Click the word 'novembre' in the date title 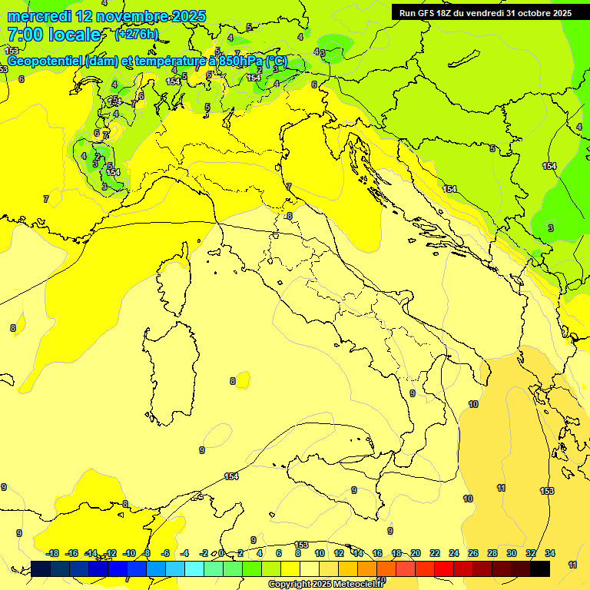[133, 16]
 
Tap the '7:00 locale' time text [54, 35]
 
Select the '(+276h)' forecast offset [137, 35]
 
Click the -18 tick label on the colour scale [53, 553]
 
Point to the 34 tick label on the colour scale [550, 553]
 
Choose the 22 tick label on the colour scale [435, 553]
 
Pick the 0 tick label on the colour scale [221, 553]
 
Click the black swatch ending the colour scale [540, 568]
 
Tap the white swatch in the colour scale [310, 568]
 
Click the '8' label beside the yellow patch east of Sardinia [232, 381]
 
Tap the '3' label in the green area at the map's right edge [550, 228]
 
